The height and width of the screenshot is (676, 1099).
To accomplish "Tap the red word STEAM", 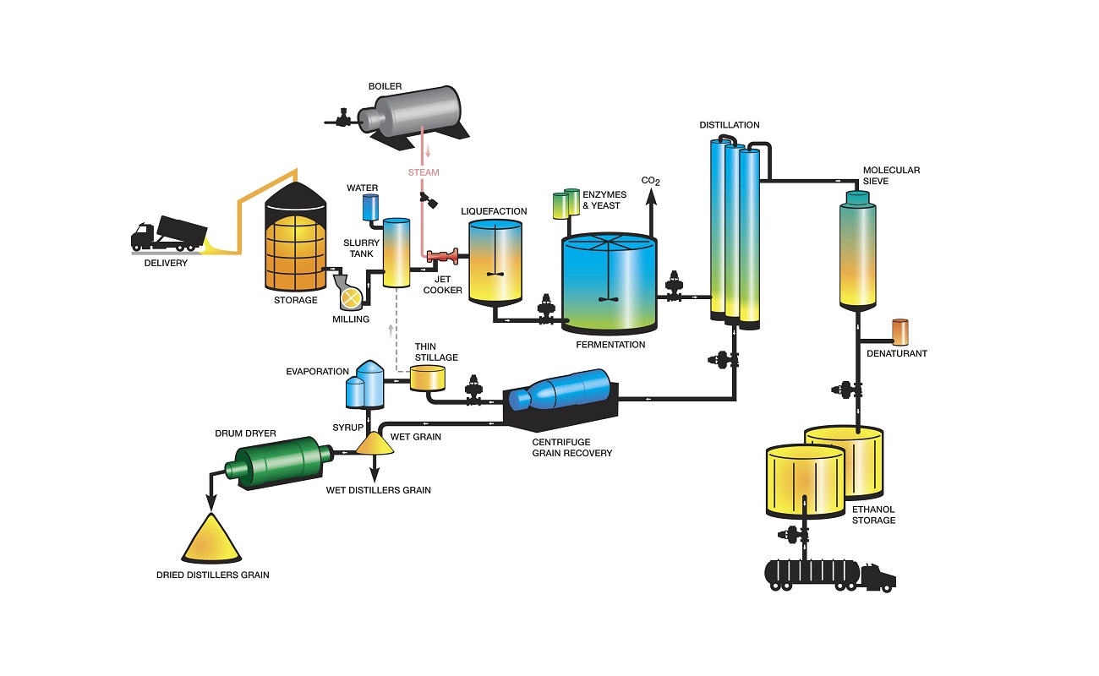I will tap(424, 172).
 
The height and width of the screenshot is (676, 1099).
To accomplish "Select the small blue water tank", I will tap(370, 208).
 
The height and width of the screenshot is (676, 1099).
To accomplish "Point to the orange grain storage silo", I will tap(295, 249).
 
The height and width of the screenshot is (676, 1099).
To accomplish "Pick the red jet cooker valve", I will tap(442, 255).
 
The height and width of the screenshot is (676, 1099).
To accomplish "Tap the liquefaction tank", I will tap(495, 262).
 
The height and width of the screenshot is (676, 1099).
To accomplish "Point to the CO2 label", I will tap(650, 181).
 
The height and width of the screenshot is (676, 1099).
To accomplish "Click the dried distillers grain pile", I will tap(211, 540).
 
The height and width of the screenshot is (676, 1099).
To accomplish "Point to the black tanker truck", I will tap(828, 574).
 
